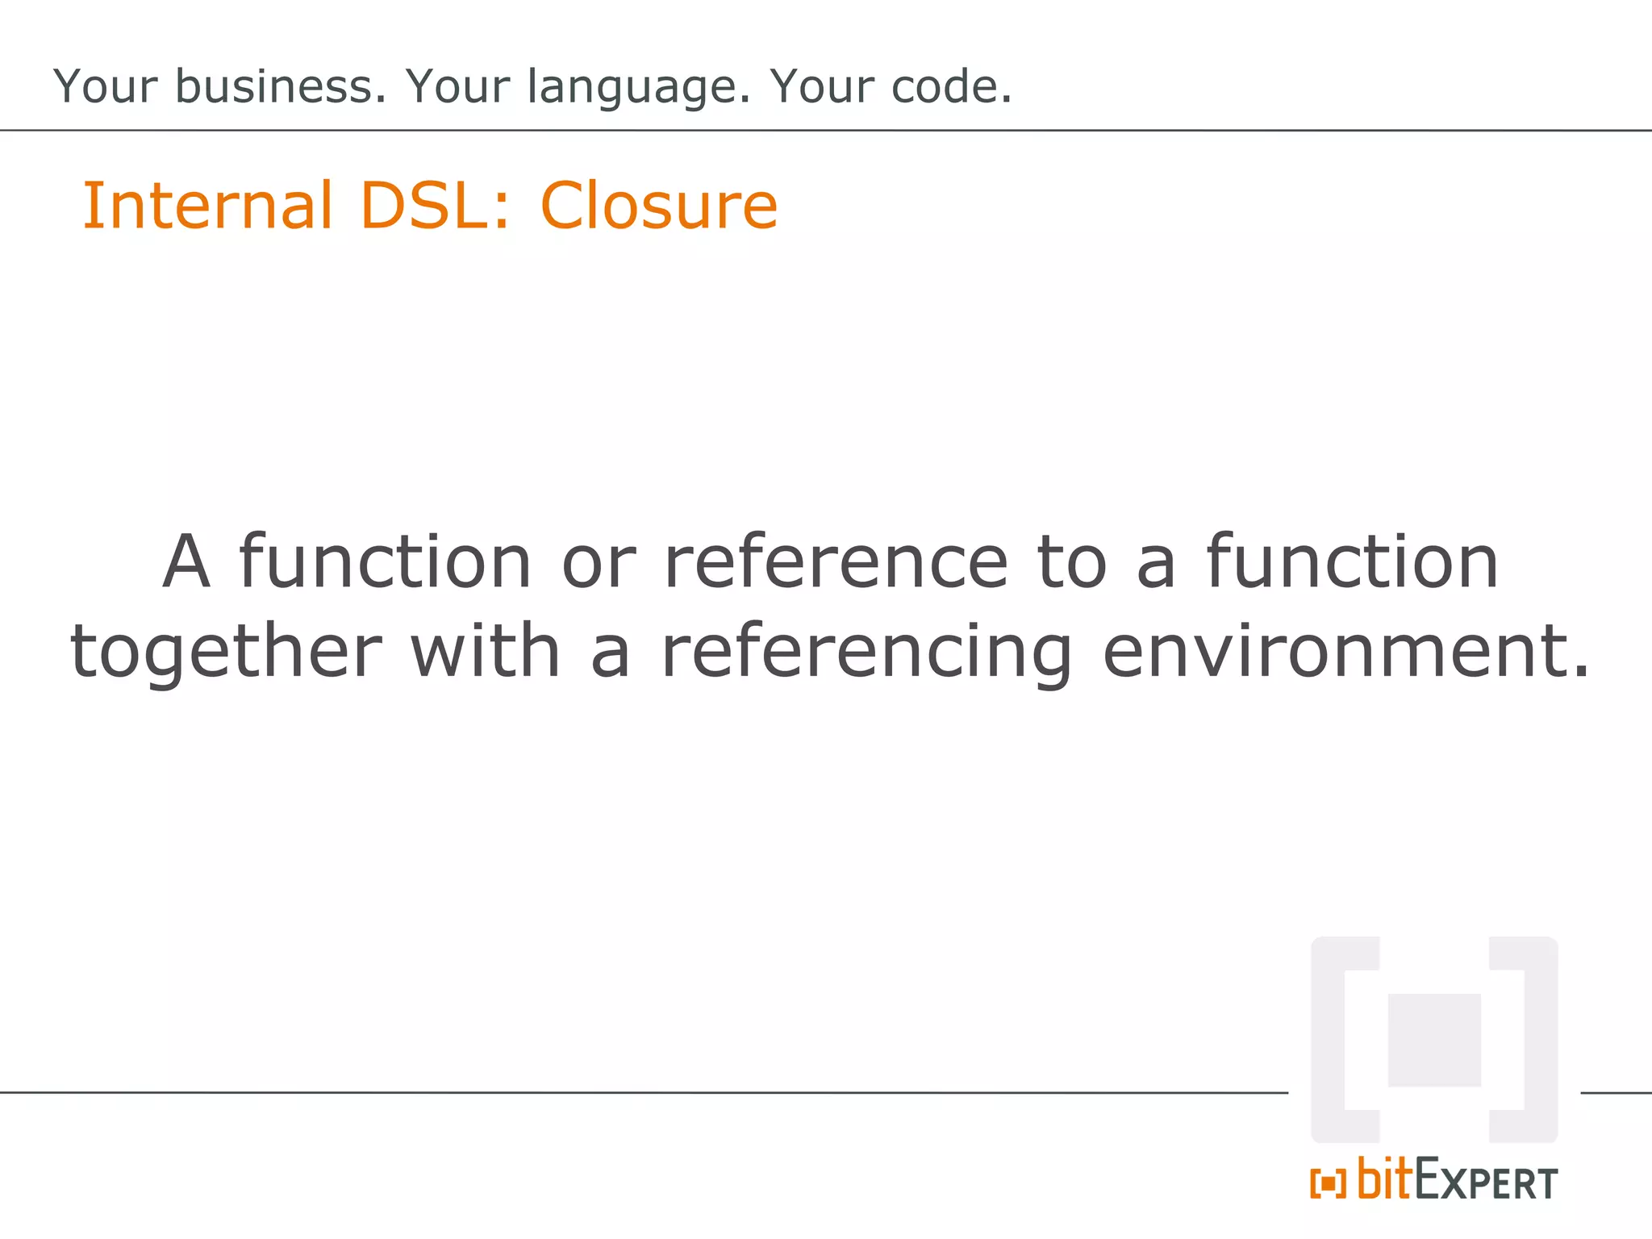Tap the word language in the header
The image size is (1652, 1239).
coord(639,87)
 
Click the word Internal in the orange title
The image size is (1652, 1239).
coord(208,206)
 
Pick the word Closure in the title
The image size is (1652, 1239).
coord(658,206)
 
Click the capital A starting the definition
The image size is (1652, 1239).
coord(186,561)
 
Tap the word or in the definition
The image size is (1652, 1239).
coord(599,563)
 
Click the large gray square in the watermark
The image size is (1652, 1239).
coord(1434,1040)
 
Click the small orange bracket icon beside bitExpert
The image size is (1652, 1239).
coord(1328,1183)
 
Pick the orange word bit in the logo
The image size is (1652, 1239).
coord(1385,1179)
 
